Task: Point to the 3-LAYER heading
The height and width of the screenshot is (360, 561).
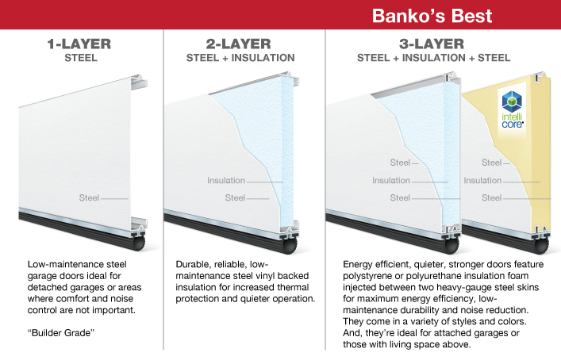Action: click(433, 44)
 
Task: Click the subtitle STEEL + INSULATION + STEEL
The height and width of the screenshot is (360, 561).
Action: click(433, 58)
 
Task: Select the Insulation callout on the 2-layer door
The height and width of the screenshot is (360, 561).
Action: click(226, 181)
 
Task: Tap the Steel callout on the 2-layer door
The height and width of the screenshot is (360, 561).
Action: click(235, 197)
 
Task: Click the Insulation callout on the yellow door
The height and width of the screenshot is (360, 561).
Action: click(482, 181)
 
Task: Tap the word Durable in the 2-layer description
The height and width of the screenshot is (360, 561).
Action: click(194, 264)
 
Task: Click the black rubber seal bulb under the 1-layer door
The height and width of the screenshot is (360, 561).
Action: click(140, 243)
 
